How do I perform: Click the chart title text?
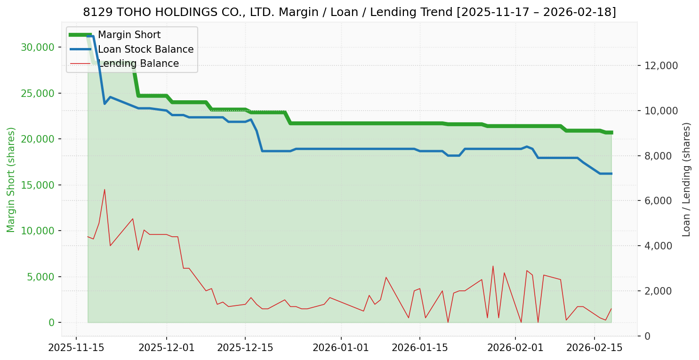point(349,12)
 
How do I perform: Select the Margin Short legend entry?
point(129,35)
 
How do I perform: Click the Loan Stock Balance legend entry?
point(145,49)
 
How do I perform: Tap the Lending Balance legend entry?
point(138,64)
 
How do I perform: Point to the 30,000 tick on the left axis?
point(37,47)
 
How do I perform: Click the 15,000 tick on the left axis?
point(37,185)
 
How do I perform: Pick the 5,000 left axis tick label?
point(40,277)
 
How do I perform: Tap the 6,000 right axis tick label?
point(659,201)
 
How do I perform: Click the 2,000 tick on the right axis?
point(659,291)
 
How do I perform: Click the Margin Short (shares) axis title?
point(11,179)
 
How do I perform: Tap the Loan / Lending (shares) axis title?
point(687,179)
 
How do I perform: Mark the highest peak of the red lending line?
point(104,190)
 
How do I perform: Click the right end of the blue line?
point(611,174)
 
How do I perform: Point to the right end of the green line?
point(611,133)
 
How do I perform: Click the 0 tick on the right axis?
point(648,336)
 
